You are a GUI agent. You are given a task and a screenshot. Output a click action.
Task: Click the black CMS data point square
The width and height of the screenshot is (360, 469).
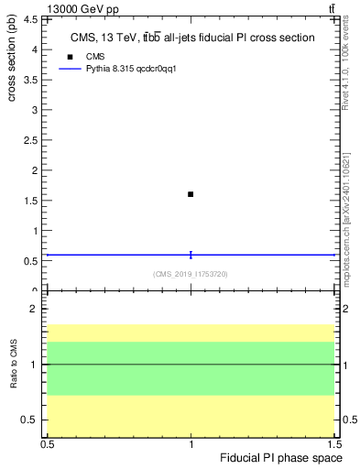tap(191, 194)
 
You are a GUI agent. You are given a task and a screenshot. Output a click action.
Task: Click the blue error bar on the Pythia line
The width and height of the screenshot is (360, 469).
tap(191, 255)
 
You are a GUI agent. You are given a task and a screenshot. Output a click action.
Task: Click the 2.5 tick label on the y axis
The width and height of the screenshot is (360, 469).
tap(35, 140)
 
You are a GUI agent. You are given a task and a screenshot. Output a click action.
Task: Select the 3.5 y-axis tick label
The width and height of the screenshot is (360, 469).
tap(35, 80)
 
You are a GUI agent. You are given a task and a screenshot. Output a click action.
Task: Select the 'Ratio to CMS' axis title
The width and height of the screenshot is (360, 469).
tap(14, 364)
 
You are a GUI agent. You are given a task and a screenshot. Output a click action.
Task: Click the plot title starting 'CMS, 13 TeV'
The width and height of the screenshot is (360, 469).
tap(192, 38)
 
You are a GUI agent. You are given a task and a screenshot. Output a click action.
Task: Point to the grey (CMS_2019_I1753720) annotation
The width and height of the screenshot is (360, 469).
tap(191, 274)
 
